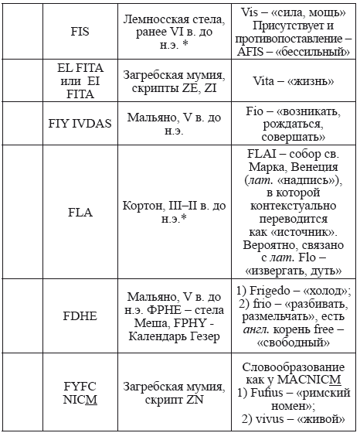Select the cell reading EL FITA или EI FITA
point(80,80)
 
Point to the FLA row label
point(80,210)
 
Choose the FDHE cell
point(80,315)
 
